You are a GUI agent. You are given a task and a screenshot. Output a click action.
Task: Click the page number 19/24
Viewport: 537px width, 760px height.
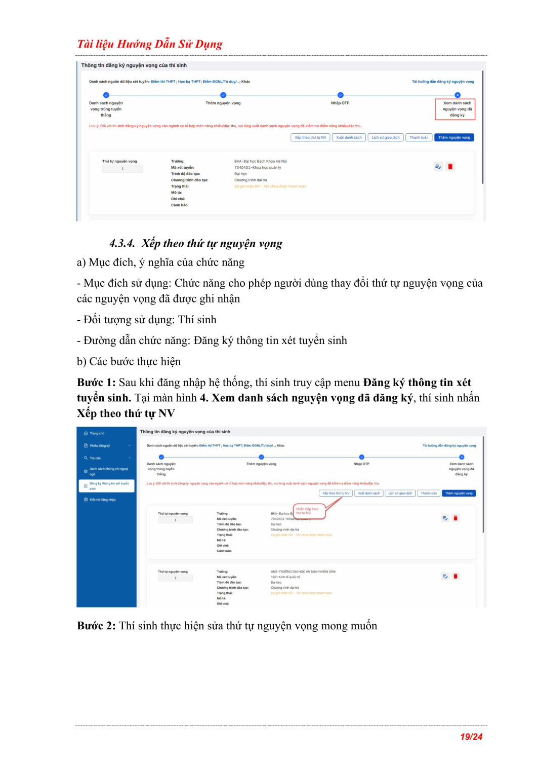click(471, 737)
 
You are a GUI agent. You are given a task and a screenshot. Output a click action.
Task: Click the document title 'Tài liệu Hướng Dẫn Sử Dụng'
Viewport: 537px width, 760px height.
click(150, 44)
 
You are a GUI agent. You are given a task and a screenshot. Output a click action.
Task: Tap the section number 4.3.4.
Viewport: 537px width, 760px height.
click(122, 244)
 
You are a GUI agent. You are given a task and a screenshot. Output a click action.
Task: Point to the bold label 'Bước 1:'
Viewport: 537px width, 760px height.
click(96, 383)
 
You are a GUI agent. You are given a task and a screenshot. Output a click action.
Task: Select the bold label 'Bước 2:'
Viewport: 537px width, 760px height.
click(96, 626)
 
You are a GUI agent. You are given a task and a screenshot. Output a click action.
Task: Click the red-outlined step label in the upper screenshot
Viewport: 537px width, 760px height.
click(455, 109)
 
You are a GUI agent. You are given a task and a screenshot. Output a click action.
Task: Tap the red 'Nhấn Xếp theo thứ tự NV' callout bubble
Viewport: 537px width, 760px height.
click(308, 511)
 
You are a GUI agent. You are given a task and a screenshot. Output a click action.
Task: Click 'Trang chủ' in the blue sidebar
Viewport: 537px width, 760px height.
click(97, 434)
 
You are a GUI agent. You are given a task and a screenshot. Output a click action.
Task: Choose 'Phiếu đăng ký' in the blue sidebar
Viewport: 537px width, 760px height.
click(100, 446)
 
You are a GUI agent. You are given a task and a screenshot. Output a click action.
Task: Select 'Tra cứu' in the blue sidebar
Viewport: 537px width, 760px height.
click(95, 458)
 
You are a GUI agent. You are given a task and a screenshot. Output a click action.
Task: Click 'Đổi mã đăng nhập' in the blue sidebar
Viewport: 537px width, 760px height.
click(102, 500)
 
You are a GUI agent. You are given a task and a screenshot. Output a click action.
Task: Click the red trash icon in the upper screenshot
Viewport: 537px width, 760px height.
click(450, 167)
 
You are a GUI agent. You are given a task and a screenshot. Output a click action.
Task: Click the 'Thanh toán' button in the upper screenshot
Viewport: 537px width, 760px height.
click(419, 137)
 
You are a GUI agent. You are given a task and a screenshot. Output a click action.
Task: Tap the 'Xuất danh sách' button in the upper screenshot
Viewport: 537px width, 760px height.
click(349, 137)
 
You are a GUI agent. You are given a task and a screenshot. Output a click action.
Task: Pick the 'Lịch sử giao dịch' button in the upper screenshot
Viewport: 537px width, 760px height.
click(385, 137)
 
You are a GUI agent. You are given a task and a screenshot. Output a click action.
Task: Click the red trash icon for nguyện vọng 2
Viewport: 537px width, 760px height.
click(456, 576)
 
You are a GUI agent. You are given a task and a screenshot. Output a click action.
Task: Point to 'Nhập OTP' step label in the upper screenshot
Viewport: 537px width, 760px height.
click(340, 103)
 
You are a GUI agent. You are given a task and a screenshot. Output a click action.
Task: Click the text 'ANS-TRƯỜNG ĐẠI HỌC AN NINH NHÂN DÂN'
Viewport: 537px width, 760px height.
click(303, 572)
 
